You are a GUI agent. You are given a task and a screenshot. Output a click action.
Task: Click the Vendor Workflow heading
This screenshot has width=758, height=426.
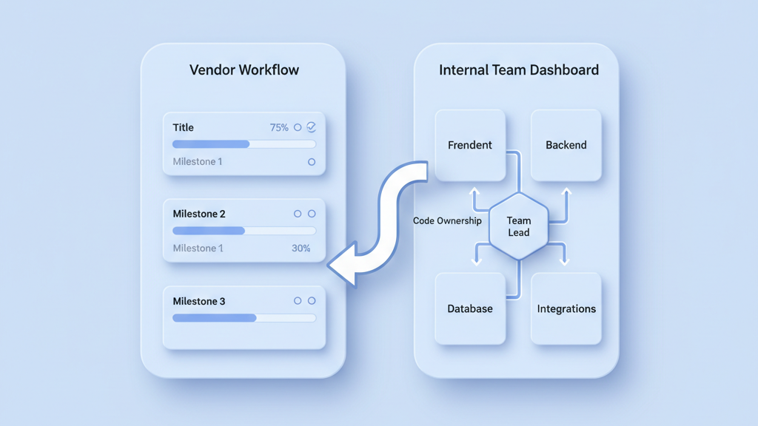point(244,70)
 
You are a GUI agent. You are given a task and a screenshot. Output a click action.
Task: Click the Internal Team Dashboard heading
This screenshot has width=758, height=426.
point(518,70)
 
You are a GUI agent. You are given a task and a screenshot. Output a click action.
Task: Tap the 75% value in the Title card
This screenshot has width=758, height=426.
point(279,127)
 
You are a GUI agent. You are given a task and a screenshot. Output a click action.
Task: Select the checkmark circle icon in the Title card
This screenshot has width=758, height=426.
point(312,127)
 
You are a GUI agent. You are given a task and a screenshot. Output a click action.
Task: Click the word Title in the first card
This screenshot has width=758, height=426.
point(183,127)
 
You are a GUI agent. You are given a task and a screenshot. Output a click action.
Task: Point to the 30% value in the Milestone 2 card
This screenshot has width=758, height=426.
point(301,248)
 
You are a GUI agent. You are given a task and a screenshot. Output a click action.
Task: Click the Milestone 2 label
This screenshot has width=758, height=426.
point(199,214)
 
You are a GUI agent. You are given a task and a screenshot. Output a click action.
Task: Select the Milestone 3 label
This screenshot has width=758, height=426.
point(199,301)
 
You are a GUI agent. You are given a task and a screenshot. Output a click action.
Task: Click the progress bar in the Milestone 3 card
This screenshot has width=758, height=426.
point(244,318)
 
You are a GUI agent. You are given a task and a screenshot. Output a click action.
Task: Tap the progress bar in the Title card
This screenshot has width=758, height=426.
point(244,144)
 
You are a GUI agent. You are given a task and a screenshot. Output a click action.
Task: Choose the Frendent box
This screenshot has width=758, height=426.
point(470,145)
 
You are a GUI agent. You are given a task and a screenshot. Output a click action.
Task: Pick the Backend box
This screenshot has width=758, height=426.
point(566,145)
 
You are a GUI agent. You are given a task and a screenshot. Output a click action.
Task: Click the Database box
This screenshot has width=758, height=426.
point(470,308)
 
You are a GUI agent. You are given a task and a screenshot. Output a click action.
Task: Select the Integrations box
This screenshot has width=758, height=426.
point(566,308)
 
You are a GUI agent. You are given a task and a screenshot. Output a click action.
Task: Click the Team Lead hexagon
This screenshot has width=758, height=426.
point(519,226)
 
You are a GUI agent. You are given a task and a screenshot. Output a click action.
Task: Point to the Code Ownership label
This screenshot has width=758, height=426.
point(447,220)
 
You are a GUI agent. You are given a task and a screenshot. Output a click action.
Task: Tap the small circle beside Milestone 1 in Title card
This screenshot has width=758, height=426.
point(312,162)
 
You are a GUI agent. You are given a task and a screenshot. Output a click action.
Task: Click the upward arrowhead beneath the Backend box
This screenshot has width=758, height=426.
point(566,193)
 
